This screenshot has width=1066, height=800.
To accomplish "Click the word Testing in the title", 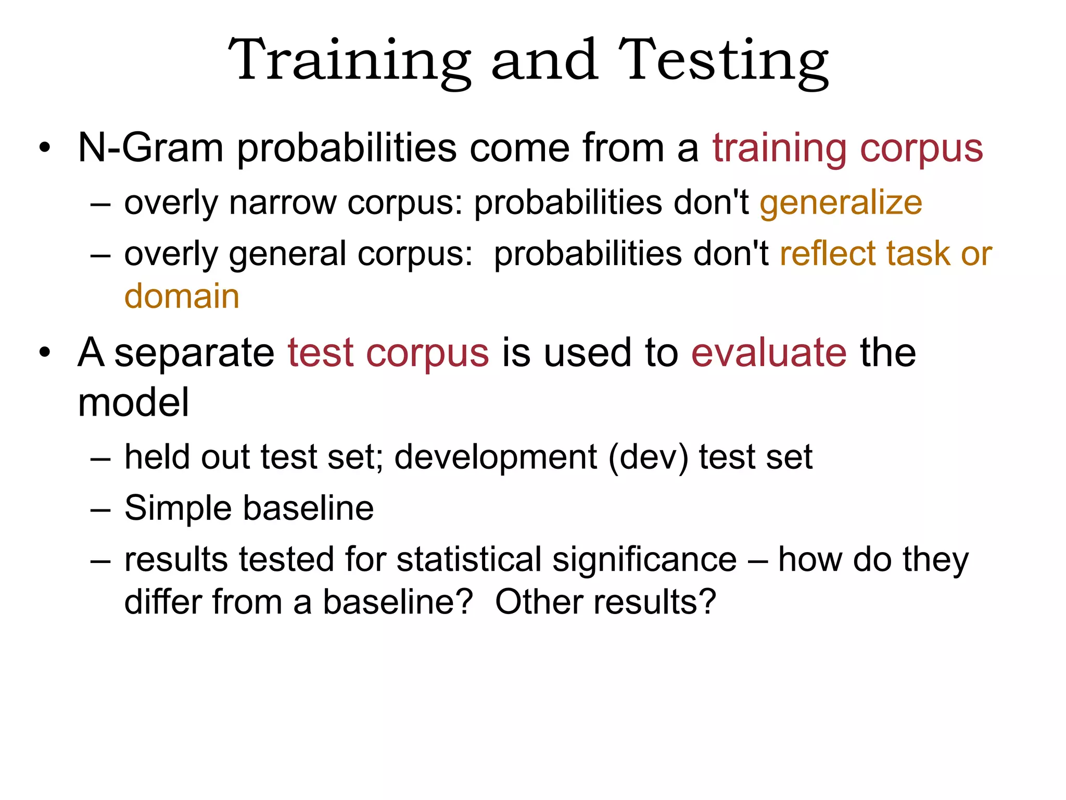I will click(x=723, y=61).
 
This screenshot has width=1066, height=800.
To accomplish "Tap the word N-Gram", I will click(x=150, y=148).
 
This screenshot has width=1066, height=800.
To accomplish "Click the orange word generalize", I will click(x=841, y=203).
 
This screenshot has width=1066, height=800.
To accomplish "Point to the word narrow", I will click(x=283, y=203).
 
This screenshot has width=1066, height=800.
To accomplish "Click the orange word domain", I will click(x=182, y=296).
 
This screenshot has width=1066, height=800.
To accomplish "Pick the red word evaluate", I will click(x=769, y=353).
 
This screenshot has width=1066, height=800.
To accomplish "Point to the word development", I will click(x=496, y=457).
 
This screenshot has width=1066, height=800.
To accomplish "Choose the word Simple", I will click(x=177, y=508).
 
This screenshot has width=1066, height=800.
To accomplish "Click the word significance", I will click(x=644, y=560).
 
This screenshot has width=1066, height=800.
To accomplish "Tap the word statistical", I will click(x=469, y=560).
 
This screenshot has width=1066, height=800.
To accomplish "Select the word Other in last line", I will click(x=539, y=602).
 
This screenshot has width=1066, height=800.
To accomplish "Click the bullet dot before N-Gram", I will click(x=45, y=148).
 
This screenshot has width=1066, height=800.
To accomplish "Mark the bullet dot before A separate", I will click(x=45, y=353).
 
